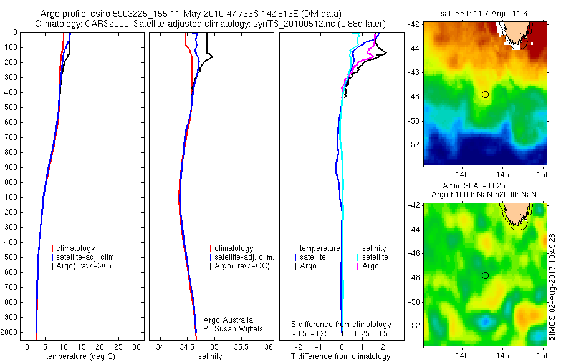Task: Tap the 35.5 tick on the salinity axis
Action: click(242, 346)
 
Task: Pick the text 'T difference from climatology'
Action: click(340, 356)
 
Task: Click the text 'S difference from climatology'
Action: click(342, 325)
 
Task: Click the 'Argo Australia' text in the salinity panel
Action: click(228, 320)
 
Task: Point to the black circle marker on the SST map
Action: click(485, 94)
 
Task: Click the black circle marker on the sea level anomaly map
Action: click(485, 275)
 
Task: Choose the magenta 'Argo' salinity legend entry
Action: click(370, 266)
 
